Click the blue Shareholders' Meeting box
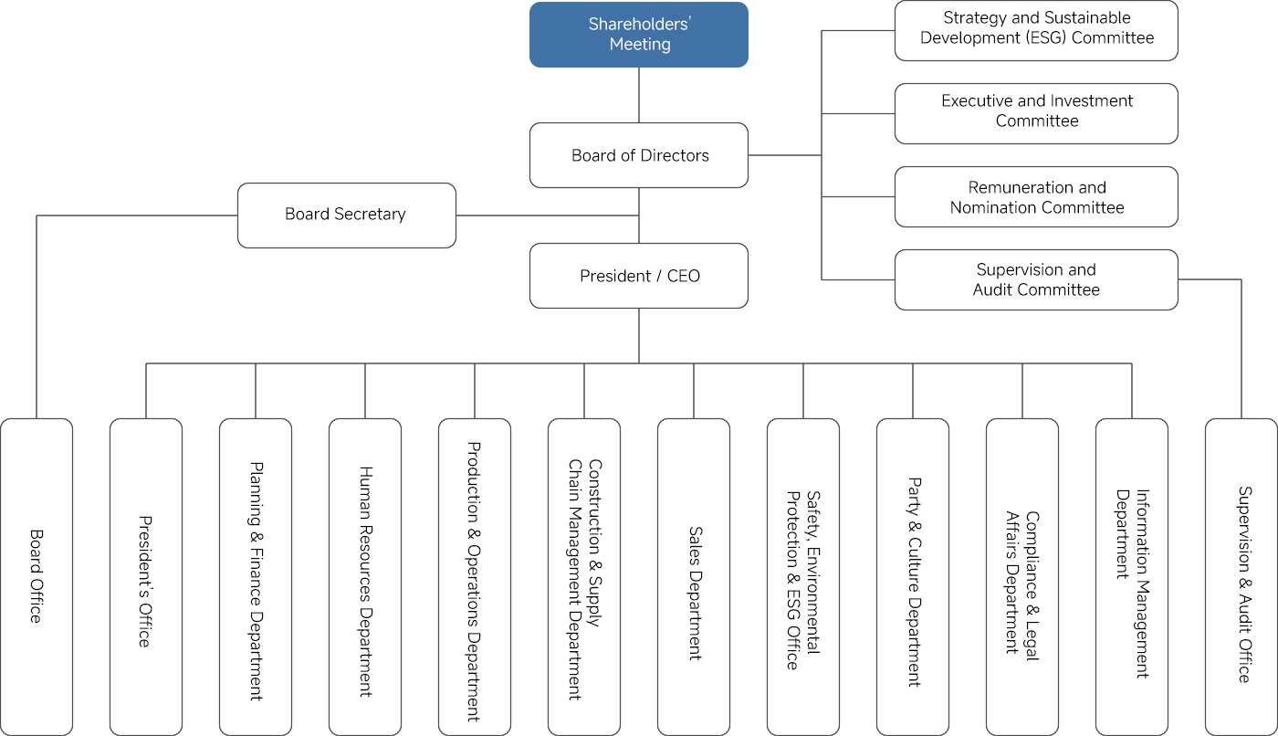point(639,35)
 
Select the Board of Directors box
point(639,155)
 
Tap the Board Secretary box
point(346,215)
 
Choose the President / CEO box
point(639,276)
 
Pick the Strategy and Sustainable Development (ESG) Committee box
point(1036,30)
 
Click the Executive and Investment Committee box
point(1036,113)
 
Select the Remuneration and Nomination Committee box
point(1036,196)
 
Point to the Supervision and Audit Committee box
point(1036,279)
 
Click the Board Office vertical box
point(37,576)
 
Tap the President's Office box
point(146,576)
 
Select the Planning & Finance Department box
point(256,576)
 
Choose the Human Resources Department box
point(365,576)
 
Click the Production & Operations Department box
point(475,576)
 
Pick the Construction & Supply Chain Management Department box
point(584,576)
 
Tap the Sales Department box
point(694,576)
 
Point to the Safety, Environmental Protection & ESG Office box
point(803,576)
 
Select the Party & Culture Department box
point(913,576)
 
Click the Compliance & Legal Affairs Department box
point(1022,576)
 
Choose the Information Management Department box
point(1132,576)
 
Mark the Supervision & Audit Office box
point(1241,576)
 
